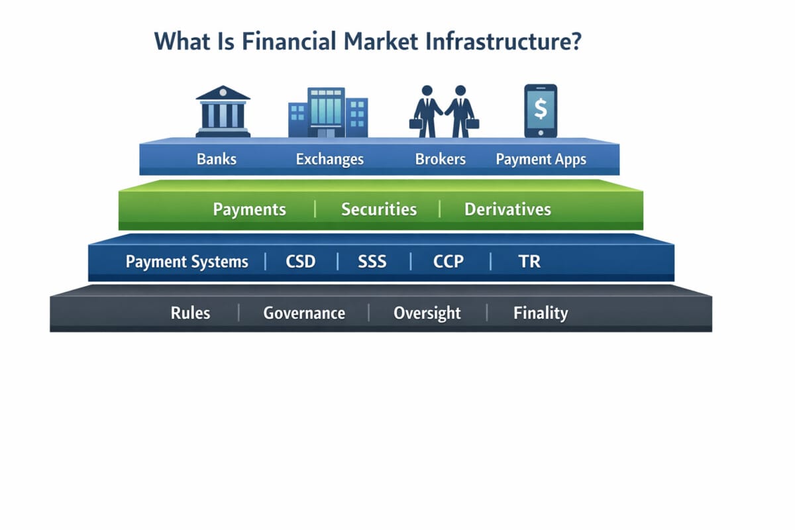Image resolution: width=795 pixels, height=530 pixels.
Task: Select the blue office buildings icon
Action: tap(327, 113)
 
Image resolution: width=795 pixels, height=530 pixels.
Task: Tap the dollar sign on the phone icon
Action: tap(541, 108)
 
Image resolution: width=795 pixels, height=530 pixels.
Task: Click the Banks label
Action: tap(217, 160)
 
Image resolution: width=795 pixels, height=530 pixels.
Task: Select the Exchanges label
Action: tap(330, 160)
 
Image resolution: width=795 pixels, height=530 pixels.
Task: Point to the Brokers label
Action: tap(441, 160)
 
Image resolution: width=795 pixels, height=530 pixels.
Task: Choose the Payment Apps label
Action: tap(541, 160)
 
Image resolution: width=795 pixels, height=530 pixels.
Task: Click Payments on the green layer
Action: tap(249, 210)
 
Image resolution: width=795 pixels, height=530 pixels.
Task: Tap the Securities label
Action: tap(379, 210)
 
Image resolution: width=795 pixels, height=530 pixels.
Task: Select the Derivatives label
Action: tap(507, 210)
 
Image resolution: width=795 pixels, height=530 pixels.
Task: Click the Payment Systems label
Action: tap(187, 262)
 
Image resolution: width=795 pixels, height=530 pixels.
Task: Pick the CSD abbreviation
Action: tap(301, 262)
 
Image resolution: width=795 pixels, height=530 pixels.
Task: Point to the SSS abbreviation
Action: tap(372, 262)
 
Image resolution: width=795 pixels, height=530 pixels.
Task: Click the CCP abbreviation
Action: tap(449, 262)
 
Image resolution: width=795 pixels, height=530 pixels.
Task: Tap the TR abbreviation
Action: tap(529, 262)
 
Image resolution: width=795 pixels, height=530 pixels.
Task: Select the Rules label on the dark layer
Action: tap(190, 313)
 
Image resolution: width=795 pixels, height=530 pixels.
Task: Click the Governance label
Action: tap(304, 313)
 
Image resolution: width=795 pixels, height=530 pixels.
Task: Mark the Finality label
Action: tap(541, 313)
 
